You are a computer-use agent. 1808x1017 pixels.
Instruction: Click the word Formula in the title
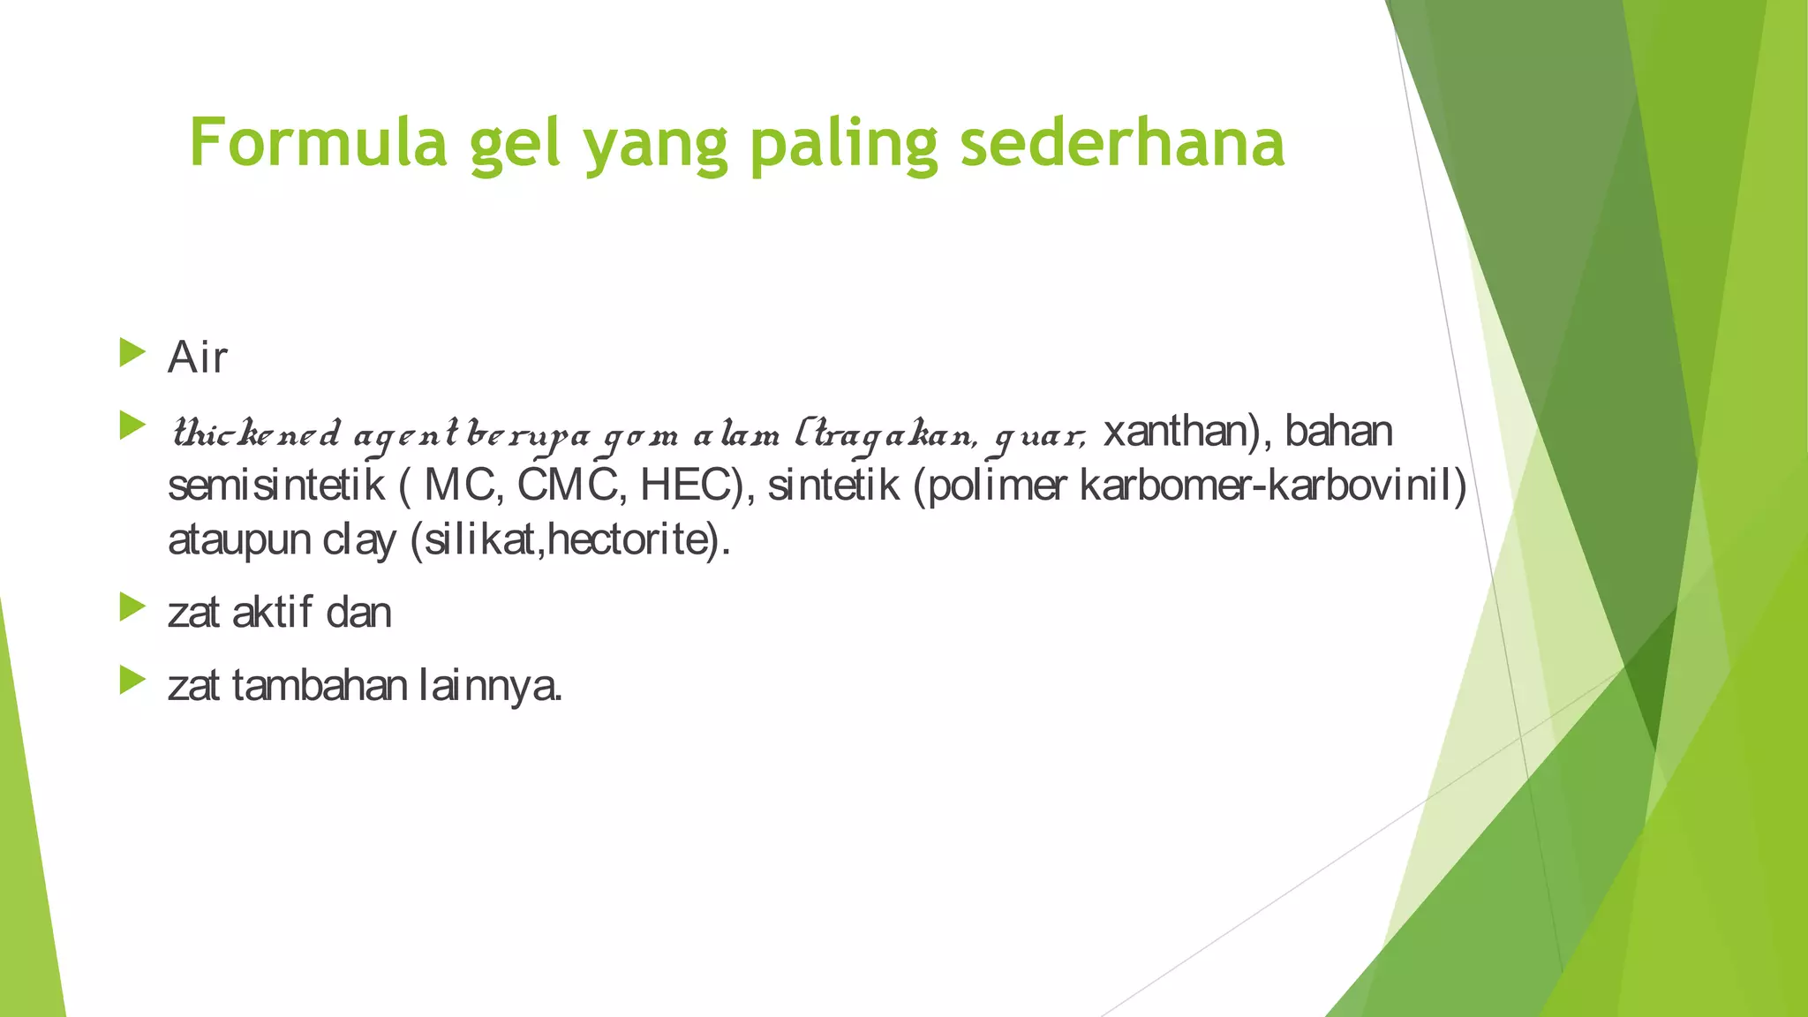coord(319,143)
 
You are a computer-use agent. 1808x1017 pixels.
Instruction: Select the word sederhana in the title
coord(1122,143)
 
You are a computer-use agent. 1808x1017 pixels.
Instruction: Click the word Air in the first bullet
coord(198,358)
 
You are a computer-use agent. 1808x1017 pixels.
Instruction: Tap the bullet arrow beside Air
coord(132,352)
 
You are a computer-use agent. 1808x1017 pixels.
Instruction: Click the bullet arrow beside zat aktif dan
coord(132,606)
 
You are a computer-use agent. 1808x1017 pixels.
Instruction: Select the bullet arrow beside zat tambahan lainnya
coord(132,680)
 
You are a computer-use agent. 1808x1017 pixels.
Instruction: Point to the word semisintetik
coord(276,486)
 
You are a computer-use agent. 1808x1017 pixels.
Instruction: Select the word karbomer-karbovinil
coord(1272,485)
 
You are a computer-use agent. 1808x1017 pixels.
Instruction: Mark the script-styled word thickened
coord(256,434)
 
